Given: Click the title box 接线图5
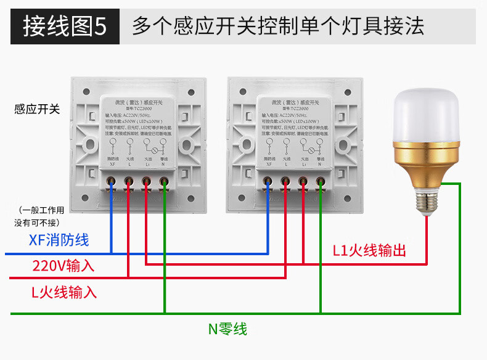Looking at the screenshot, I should point(64,27).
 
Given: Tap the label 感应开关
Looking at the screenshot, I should point(37,110).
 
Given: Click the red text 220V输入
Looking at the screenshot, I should point(63,266).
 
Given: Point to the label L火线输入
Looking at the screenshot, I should point(64,292).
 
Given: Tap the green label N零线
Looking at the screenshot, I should point(227,329).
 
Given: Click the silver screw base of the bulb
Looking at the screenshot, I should point(427,200).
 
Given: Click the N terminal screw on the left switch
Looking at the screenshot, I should point(164,182).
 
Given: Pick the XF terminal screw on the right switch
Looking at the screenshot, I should point(269,182).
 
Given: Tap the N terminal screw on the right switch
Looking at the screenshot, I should point(321,182).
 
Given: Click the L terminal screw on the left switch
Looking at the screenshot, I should point(129,182).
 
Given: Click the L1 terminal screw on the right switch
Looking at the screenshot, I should point(303,182).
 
